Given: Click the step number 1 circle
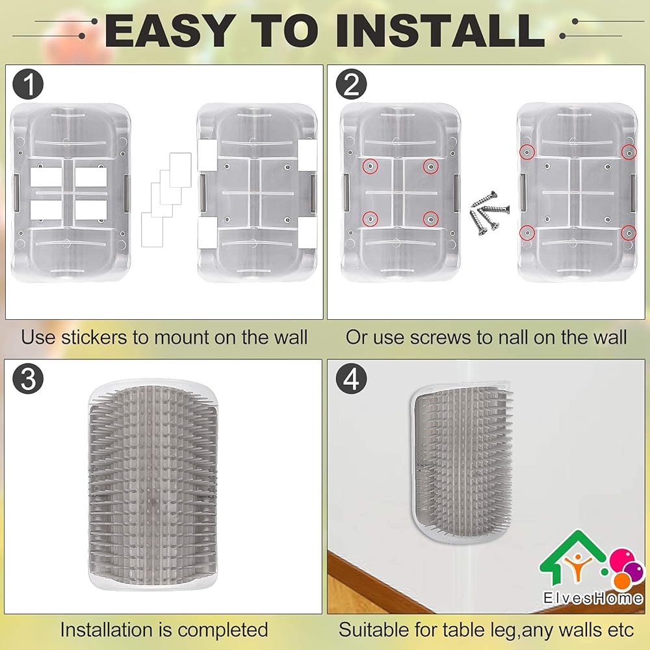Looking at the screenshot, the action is click(28, 84).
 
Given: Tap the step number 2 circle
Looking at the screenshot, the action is click(351, 84).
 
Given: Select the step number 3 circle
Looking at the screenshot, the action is click(28, 378).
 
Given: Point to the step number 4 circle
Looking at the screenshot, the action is click(351, 378).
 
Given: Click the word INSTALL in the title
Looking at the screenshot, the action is click(440, 31).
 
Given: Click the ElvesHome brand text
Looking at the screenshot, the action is click(593, 598).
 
